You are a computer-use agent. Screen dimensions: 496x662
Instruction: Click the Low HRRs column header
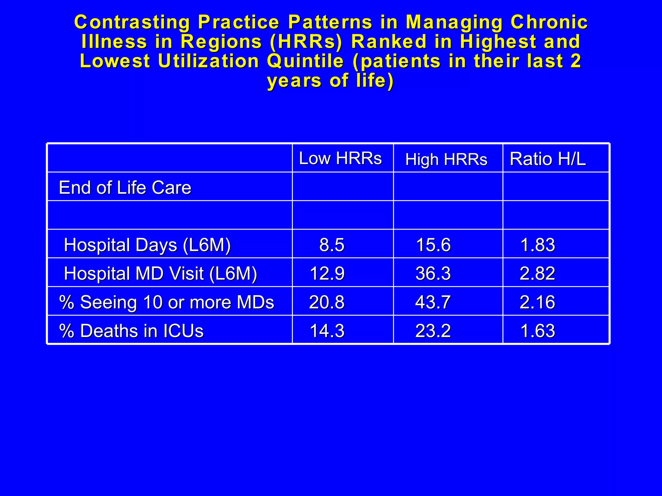tap(340, 158)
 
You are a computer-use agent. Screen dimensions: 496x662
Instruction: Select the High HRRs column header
tap(446, 159)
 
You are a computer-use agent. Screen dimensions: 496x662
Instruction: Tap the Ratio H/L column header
tap(548, 159)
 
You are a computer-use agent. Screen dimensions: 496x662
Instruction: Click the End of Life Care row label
tap(125, 188)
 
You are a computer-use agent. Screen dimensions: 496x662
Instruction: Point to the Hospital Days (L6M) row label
tap(147, 245)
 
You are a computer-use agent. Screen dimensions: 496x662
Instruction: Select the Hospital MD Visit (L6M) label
tap(160, 274)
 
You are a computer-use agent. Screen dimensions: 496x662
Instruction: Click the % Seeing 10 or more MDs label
tap(166, 302)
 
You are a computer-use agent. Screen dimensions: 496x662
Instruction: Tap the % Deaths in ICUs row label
tap(131, 331)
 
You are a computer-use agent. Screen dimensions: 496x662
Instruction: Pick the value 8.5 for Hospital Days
tap(332, 245)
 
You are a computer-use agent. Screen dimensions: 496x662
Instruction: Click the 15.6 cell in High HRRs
tap(433, 245)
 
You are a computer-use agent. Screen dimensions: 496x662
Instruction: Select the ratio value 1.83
tap(538, 245)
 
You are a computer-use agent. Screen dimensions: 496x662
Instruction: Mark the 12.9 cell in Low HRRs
tap(327, 274)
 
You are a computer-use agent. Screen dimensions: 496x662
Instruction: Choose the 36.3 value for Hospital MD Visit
tap(433, 274)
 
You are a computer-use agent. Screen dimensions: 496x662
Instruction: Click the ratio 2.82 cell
tap(537, 274)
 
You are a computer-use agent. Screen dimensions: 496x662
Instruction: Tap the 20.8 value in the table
tap(327, 302)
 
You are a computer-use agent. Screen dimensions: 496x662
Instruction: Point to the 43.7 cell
tap(433, 302)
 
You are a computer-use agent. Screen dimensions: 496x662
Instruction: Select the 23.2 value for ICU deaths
tap(433, 331)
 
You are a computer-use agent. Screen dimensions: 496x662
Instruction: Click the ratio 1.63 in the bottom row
tap(538, 331)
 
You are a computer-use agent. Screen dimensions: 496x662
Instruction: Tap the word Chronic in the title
tap(549, 22)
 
